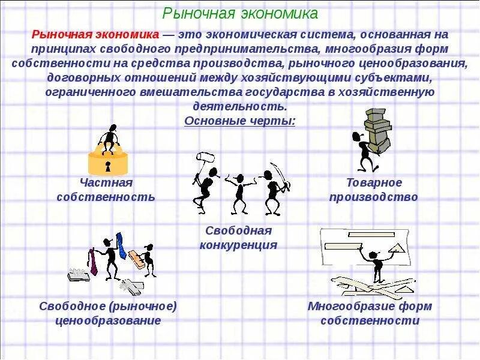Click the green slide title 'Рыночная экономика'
coord(241,13)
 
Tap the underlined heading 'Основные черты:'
coord(240,121)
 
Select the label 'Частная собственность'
coord(106,190)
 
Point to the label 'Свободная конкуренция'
coord(238,238)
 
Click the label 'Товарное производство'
coord(373,190)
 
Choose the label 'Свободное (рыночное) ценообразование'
coord(108,313)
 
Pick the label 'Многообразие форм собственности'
coord(370,313)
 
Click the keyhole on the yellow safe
coord(108,164)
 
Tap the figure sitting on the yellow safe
coord(109,139)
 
